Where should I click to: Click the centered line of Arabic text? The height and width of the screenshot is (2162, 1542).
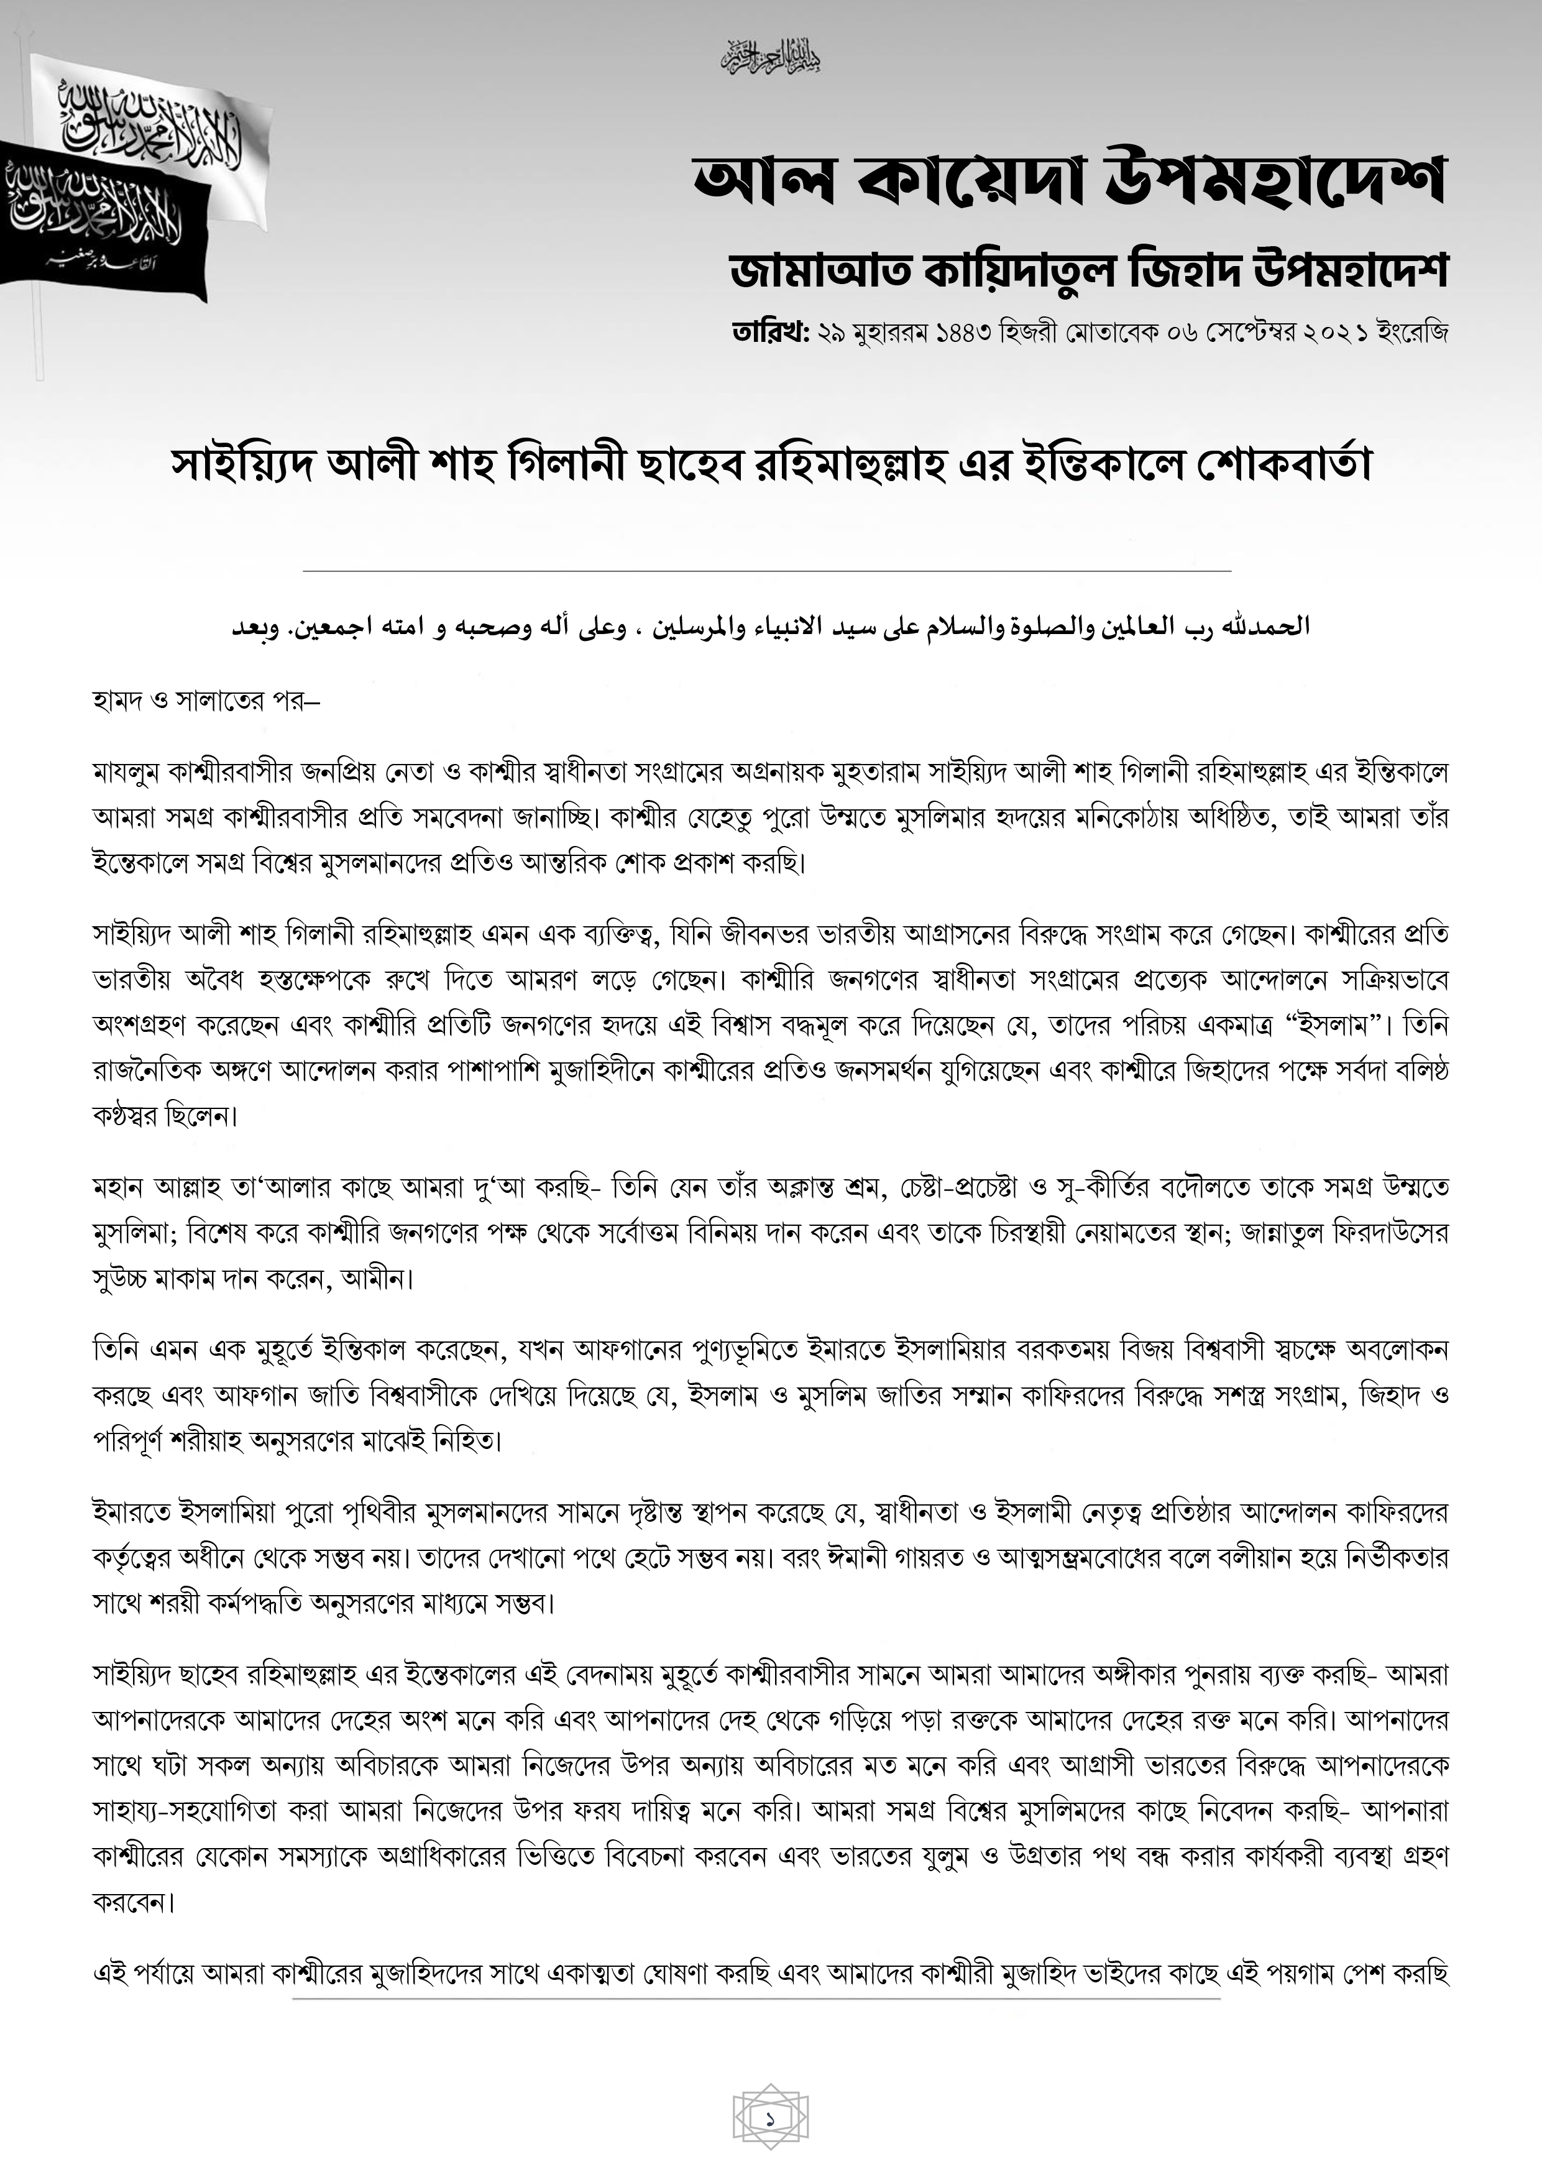(x=771, y=628)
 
